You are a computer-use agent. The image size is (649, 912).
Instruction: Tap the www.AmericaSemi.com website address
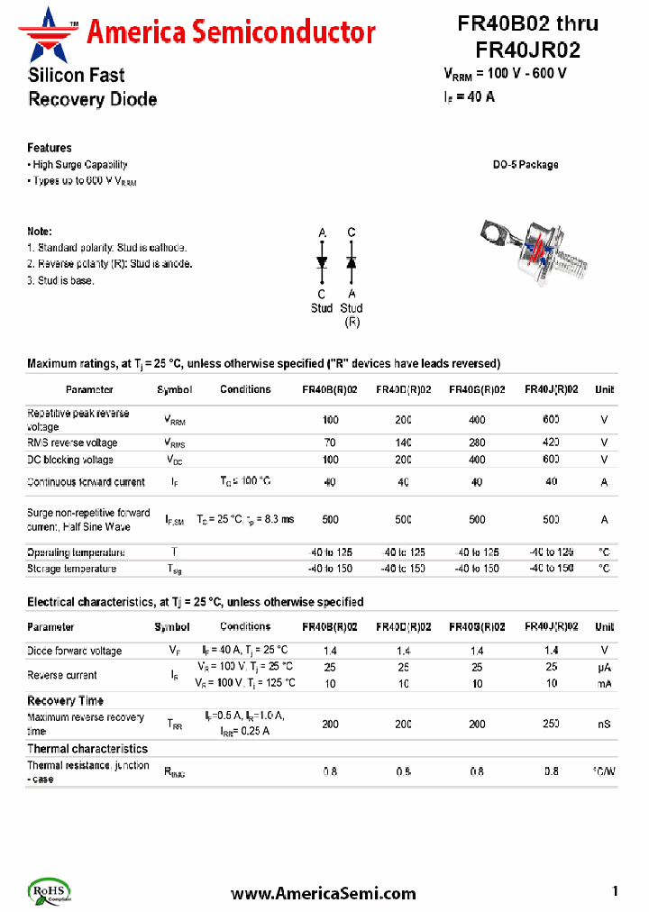[324, 893]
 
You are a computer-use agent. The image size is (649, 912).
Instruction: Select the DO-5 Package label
[525, 165]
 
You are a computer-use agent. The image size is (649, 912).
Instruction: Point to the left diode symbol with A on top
[322, 261]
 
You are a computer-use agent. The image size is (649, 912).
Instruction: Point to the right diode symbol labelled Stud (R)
[352, 261]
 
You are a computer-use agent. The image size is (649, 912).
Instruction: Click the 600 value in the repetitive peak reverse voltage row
[551, 420]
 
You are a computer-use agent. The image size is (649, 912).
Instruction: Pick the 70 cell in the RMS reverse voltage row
[330, 442]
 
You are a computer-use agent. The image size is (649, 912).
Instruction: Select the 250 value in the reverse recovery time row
[551, 724]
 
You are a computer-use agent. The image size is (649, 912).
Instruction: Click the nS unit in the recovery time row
[604, 724]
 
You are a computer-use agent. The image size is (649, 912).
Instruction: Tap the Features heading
[50, 148]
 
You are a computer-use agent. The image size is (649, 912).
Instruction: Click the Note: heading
[40, 232]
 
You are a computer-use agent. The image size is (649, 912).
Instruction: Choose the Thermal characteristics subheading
[87, 749]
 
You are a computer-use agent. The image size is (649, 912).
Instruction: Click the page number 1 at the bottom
[616, 891]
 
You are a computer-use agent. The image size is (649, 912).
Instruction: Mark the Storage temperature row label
[72, 569]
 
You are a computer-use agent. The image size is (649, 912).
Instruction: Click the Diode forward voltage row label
[75, 651]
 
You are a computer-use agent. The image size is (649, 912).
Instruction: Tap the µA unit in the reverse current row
[604, 667]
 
